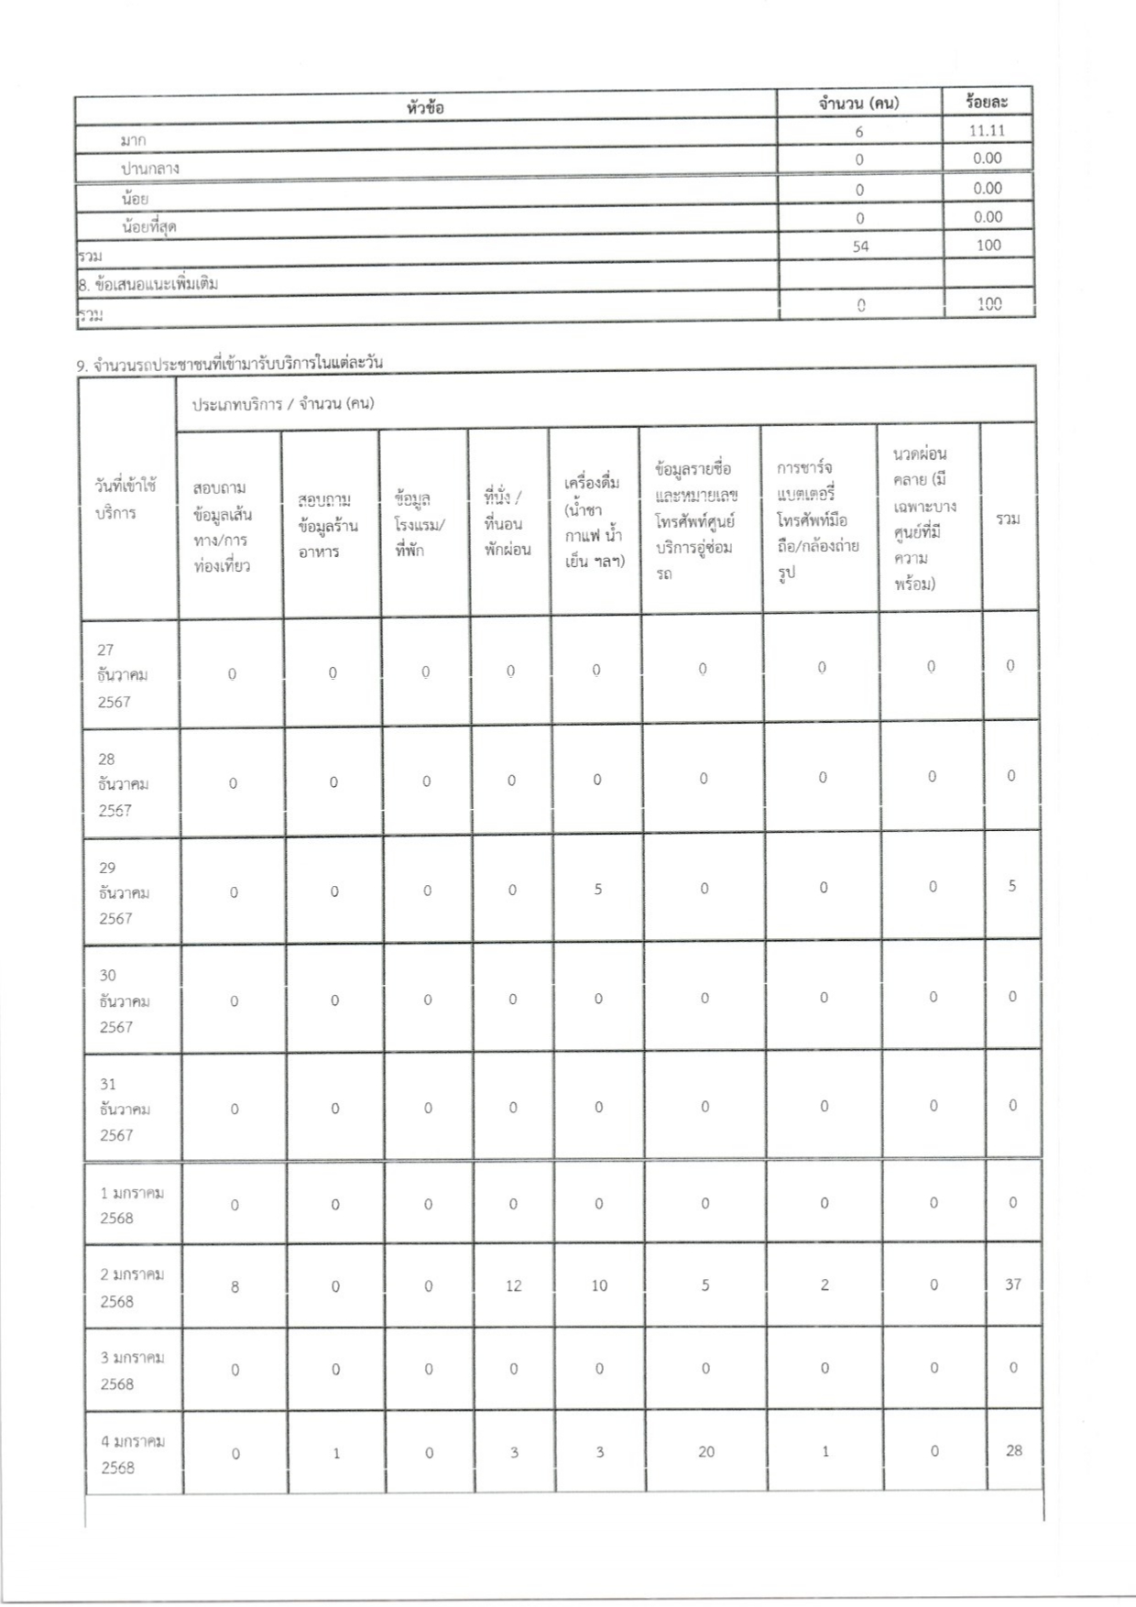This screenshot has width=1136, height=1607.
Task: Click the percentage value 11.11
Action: pyautogui.click(x=987, y=130)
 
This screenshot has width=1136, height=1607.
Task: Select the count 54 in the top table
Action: pyautogui.click(x=859, y=246)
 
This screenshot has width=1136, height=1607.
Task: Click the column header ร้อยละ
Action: pyautogui.click(x=987, y=102)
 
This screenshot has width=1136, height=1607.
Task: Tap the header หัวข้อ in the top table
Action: pyautogui.click(x=425, y=107)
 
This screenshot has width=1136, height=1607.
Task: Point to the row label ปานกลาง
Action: pyautogui.click(x=149, y=169)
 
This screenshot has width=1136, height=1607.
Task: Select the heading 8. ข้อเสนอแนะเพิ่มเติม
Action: pyautogui.click(x=148, y=283)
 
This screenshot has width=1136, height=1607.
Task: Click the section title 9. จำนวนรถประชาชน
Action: pyautogui.click(x=230, y=363)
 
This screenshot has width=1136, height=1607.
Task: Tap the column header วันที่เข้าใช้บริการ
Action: pyautogui.click(x=126, y=499)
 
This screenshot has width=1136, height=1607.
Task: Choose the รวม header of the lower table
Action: pyautogui.click(x=1008, y=519)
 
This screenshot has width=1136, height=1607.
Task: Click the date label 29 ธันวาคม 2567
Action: pyautogui.click(x=124, y=892)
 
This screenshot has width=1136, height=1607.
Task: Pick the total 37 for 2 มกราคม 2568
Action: pyautogui.click(x=1012, y=1285)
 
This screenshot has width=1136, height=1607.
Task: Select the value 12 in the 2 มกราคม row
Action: pyautogui.click(x=513, y=1285)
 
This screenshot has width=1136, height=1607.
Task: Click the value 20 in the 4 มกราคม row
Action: pyautogui.click(x=705, y=1451)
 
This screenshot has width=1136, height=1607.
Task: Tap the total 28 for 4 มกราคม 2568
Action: pyautogui.click(x=1013, y=1450)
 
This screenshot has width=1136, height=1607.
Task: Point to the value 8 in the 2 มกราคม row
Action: pyautogui.click(x=235, y=1286)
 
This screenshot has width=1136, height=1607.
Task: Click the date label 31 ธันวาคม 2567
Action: pyautogui.click(x=124, y=1110)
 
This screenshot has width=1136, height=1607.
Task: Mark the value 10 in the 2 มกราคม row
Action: pyautogui.click(x=598, y=1285)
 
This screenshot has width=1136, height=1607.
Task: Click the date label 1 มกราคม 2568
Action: pyautogui.click(x=132, y=1205)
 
